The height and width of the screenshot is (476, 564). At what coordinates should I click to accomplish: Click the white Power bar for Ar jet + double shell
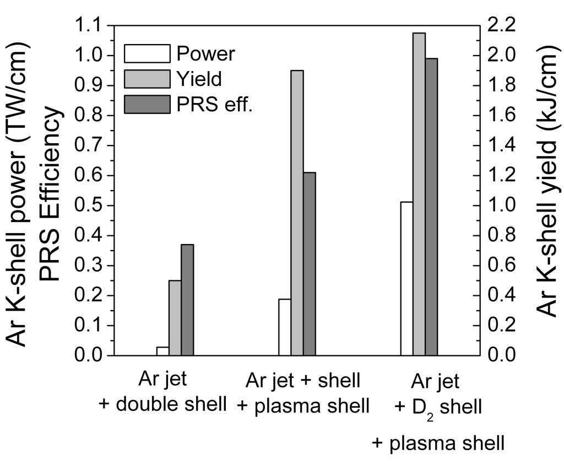162,351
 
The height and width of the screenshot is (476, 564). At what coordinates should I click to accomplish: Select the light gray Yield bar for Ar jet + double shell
175,318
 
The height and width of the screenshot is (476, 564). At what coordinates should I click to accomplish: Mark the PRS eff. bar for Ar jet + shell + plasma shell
309,264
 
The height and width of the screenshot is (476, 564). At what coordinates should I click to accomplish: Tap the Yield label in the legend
199,79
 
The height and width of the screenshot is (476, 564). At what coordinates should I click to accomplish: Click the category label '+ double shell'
163,405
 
